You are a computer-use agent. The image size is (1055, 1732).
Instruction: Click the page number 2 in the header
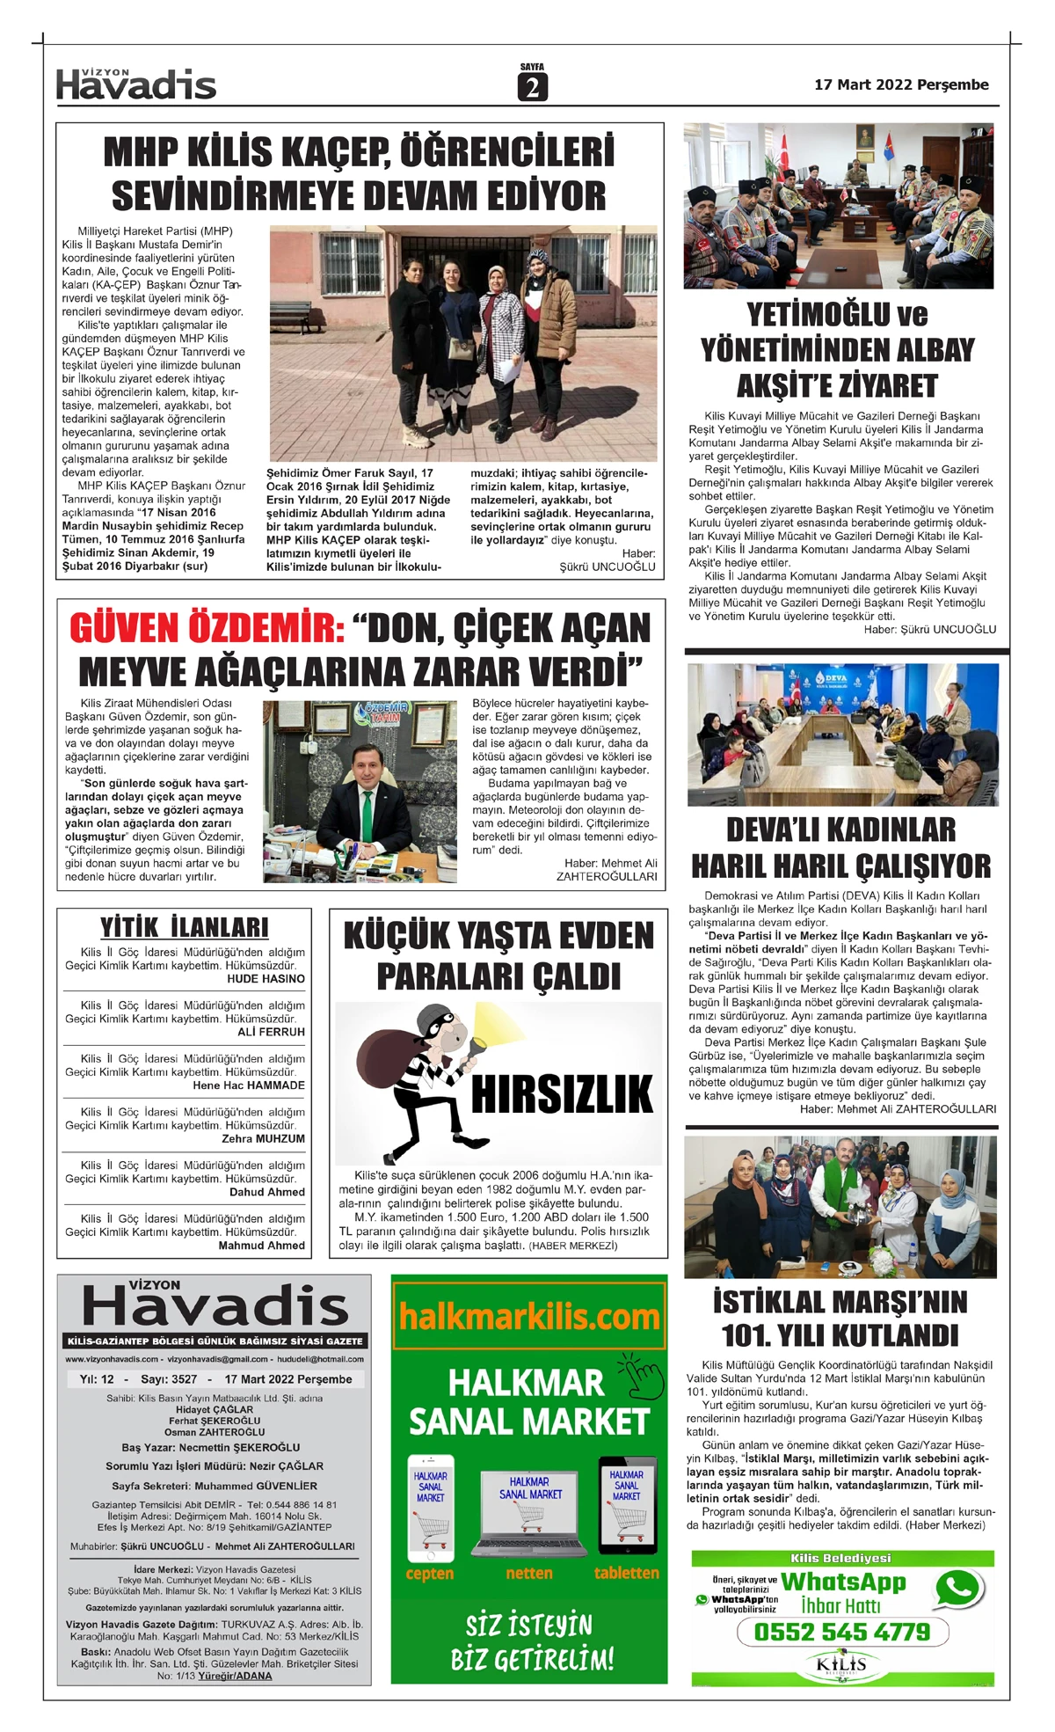pyautogui.click(x=532, y=87)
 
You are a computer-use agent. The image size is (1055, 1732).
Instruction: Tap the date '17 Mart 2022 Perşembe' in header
pyautogui.click(x=901, y=85)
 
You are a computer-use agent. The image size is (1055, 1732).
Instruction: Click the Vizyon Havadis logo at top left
pyautogui.click(x=136, y=84)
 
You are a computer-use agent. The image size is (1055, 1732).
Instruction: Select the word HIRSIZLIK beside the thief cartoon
pyautogui.click(x=563, y=1094)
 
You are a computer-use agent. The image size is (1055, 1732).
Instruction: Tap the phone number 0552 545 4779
pyautogui.click(x=842, y=1633)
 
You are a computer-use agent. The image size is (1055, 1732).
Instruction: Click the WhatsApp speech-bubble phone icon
pyautogui.click(x=958, y=1588)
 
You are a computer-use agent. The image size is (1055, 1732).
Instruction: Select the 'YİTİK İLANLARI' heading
pyautogui.click(x=185, y=928)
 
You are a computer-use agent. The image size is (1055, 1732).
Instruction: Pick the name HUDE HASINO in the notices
pyautogui.click(x=266, y=979)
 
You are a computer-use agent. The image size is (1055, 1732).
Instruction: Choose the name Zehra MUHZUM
pyautogui.click(x=263, y=1139)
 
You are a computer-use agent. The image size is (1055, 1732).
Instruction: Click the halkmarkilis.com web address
pyautogui.click(x=529, y=1316)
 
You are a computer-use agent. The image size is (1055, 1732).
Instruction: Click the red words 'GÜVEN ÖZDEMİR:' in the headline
pyautogui.click(x=207, y=629)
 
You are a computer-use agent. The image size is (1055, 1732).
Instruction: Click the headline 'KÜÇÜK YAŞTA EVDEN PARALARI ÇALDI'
pyautogui.click(x=498, y=956)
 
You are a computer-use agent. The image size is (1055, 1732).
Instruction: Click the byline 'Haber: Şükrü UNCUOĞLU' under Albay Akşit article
pyautogui.click(x=929, y=629)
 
